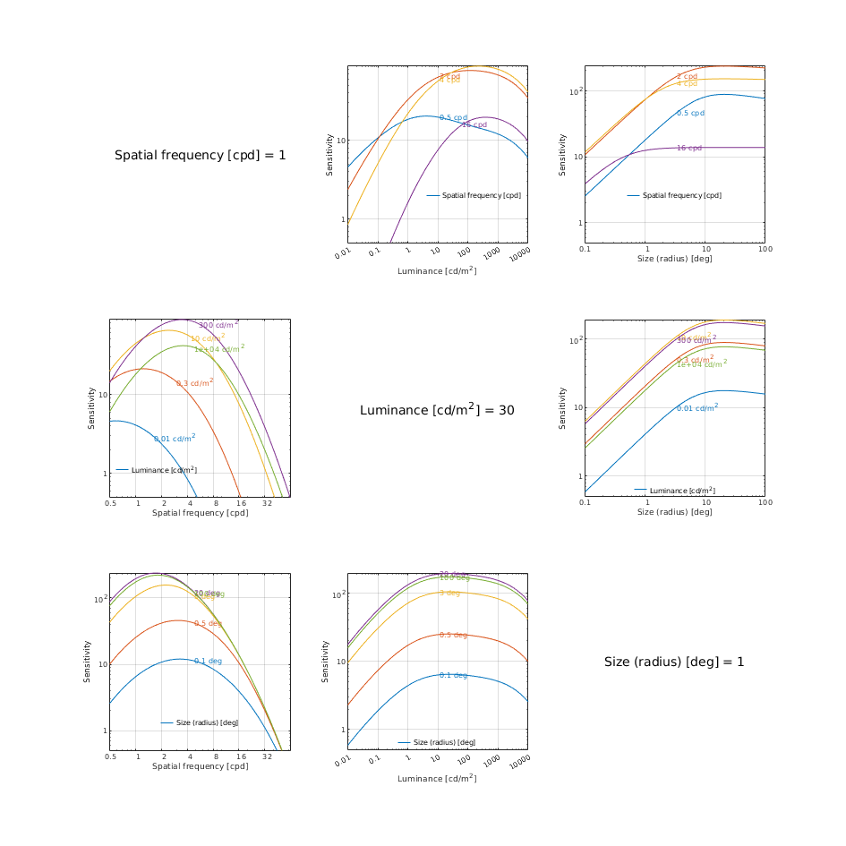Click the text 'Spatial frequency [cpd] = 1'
201,156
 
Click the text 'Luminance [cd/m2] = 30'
437,409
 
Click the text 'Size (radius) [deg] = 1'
674,662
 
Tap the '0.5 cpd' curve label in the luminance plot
453,117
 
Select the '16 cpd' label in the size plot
689,148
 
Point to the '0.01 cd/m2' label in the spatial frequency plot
175,438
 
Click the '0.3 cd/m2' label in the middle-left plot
194,382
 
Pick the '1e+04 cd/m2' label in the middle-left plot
219,348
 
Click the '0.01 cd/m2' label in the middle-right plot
697,407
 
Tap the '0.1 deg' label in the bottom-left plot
208,661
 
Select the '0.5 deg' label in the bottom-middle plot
453,635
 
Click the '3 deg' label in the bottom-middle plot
449,593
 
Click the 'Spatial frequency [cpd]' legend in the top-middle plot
481,195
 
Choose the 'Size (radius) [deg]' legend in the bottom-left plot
205,722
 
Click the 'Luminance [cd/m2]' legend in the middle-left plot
164,469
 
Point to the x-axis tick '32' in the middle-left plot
267,504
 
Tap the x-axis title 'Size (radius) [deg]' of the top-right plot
674,259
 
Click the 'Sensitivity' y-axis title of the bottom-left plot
88,662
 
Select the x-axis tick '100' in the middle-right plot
765,503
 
